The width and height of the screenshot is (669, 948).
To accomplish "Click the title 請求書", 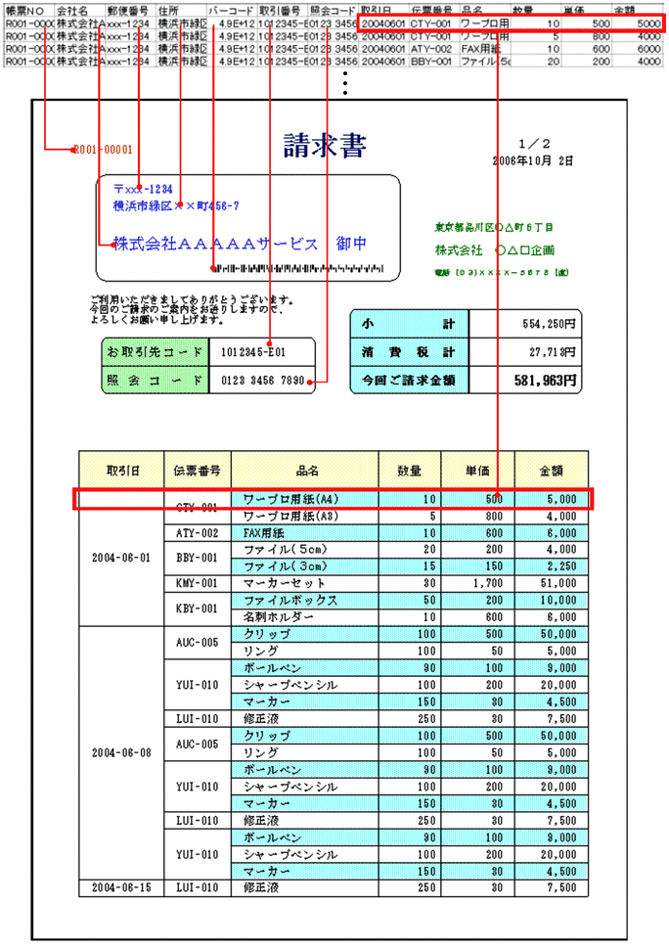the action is (325, 147).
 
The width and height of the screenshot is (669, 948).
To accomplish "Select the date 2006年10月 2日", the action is (533, 158).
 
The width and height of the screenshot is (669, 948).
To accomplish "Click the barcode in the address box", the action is (294, 268).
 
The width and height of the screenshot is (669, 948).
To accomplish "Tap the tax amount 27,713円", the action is (550, 351).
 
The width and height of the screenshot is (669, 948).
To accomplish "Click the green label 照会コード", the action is (156, 381).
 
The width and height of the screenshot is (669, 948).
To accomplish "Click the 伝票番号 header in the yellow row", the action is (197, 470).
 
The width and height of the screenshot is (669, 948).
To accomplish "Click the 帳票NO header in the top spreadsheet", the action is (25, 9).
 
